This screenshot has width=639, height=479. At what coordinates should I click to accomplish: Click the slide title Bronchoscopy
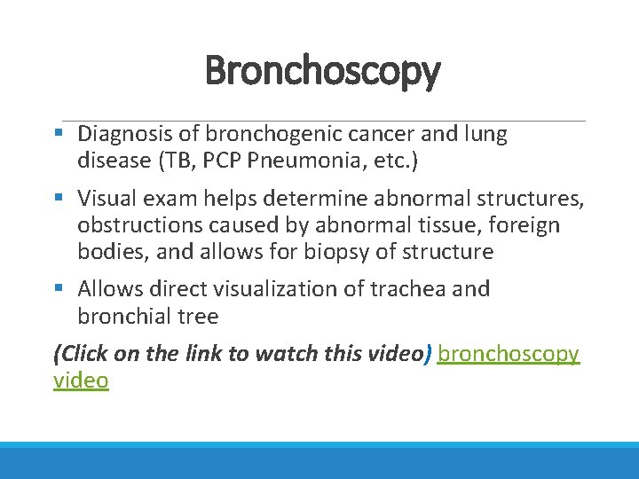coord(321,71)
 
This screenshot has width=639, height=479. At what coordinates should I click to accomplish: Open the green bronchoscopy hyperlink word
coord(509,354)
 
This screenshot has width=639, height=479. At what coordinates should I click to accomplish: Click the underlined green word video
coord(81,381)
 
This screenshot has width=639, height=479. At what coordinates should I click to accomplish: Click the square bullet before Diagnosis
coord(59,135)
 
